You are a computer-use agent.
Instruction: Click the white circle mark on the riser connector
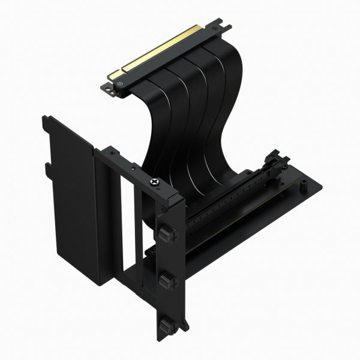122,85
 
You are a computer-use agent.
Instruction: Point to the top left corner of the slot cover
45,120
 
